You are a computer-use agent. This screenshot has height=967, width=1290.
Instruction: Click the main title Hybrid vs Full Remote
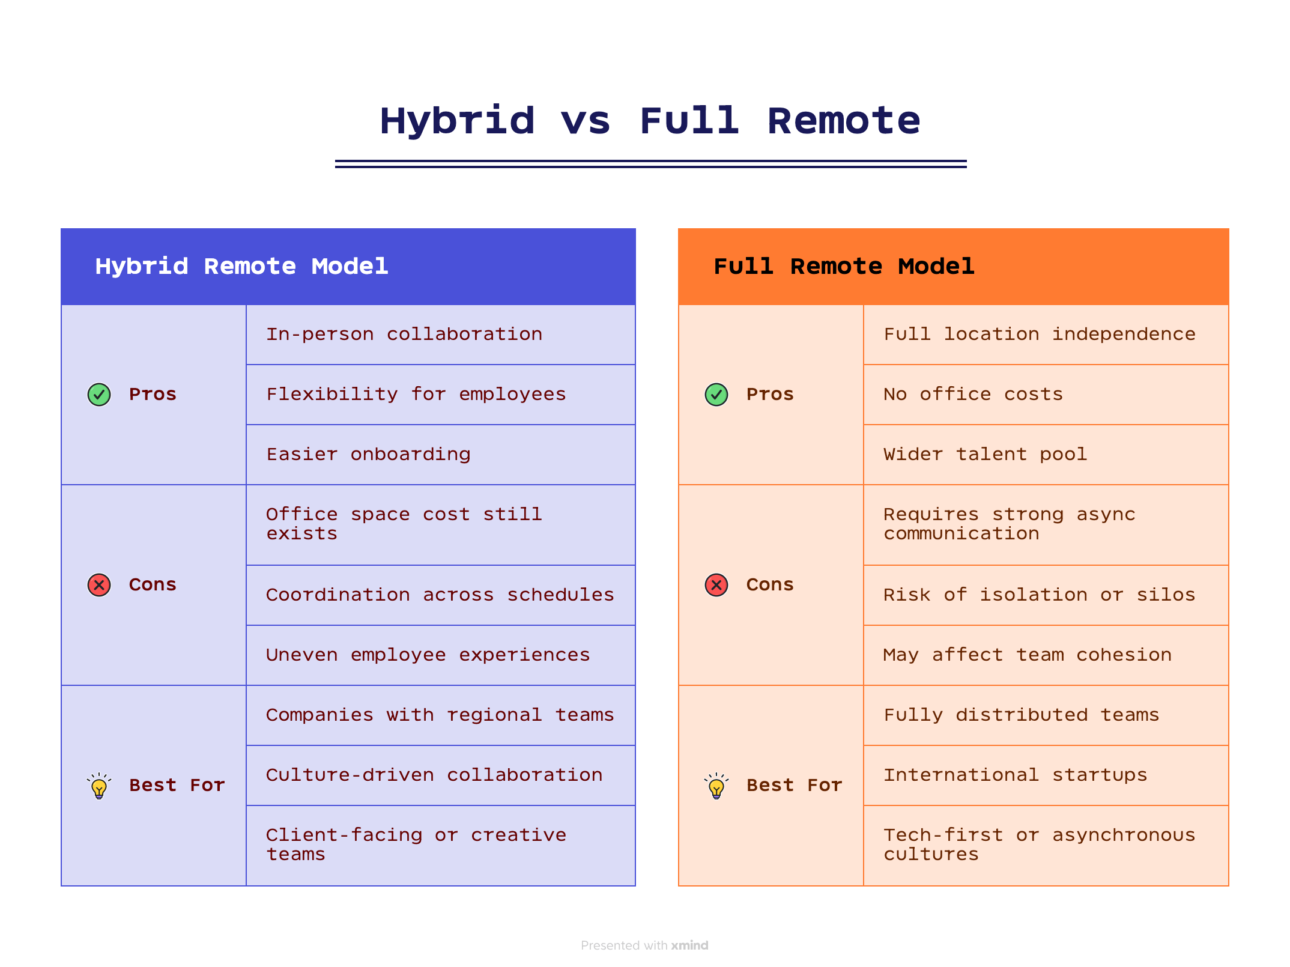click(650, 121)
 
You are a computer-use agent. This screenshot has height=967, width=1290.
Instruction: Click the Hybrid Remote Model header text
click(241, 266)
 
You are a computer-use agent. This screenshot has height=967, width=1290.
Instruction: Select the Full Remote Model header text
click(844, 266)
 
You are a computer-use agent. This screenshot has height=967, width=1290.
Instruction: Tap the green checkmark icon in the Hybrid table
click(99, 395)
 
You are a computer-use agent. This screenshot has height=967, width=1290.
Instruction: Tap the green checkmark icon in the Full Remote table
click(716, 395)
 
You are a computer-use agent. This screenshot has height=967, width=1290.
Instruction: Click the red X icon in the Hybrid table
click(99, 585)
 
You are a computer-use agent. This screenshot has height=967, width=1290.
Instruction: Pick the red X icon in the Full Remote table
click(716, 585)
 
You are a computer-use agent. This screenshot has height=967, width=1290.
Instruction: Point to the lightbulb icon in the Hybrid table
click(99, 786)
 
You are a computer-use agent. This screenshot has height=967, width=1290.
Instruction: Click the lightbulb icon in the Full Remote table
click(716, 786)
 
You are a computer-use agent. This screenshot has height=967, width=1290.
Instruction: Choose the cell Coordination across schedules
click(440, 595)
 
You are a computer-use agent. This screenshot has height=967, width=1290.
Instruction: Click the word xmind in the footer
click(689, 945)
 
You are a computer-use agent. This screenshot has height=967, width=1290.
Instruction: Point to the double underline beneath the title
click(650, 163)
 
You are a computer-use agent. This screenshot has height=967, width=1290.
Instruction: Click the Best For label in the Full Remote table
click(794, 786)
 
